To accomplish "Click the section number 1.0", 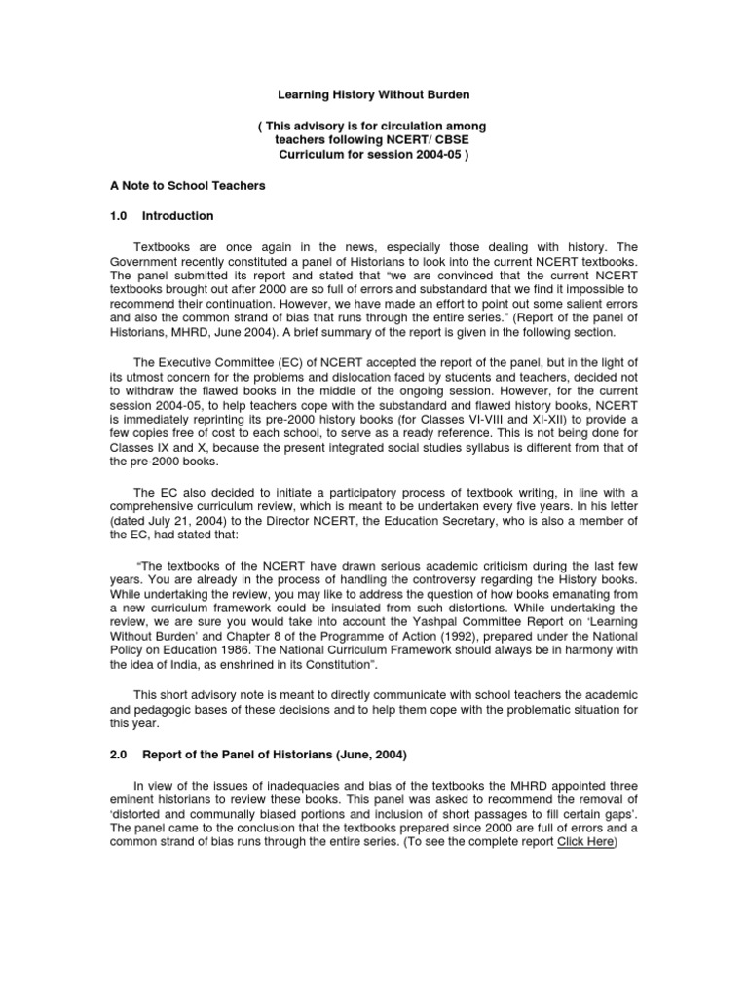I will pyautogui.click(x=120, y=215).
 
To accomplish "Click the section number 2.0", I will pyautogui.click(x=120, y=753).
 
